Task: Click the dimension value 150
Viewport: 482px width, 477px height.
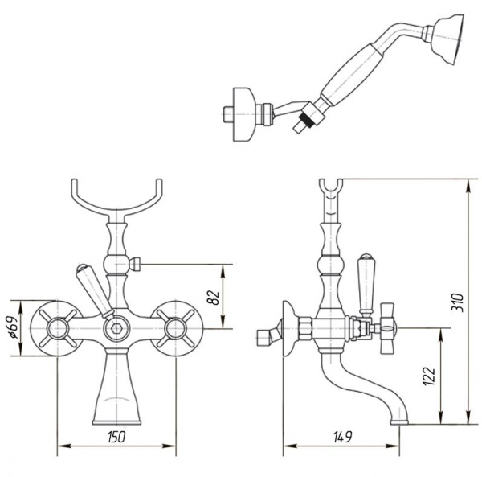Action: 116,437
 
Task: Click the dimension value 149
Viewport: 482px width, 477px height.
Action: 342,437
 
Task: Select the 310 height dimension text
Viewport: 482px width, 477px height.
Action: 457,302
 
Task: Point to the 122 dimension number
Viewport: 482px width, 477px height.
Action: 429,376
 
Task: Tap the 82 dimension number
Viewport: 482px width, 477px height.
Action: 214,297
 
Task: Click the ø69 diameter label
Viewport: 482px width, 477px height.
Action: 13,327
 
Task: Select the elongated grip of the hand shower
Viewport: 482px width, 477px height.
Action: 351,76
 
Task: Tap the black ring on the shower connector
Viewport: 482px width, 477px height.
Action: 307,120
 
